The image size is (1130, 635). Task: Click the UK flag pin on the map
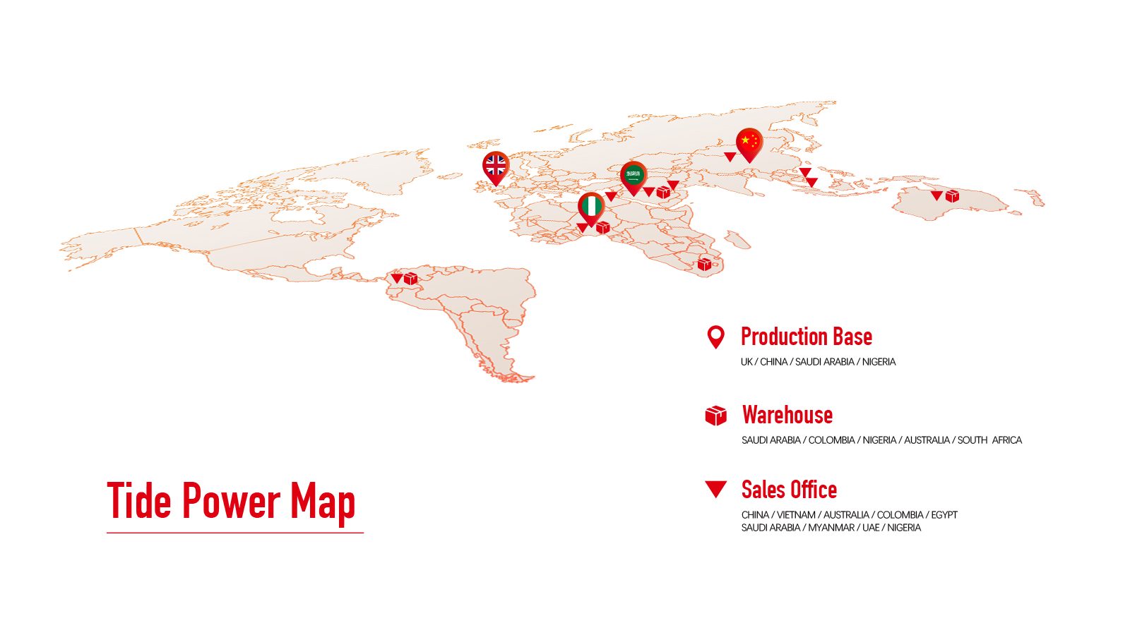(x=496, y=167)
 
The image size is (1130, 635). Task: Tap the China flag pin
(x=749, y=142)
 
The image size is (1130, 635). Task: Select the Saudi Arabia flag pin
(x=634, y=176)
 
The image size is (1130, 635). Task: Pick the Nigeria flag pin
(x=591, y=207)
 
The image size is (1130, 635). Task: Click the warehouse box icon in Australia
(x=952, y=195)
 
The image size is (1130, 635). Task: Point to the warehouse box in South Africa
(x=704, y=264)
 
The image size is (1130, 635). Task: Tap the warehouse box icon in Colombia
(x=410, y=279)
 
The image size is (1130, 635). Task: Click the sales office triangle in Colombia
(x=397, y=278)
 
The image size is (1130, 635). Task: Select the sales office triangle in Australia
(x=936, y=195)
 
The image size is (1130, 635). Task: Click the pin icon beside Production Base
(x=715, y=337)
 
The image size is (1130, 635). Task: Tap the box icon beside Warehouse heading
(x=715, y=416)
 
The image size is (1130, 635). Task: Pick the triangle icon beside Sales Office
(x=715, y=489)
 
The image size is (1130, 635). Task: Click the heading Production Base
(x=806, y=337)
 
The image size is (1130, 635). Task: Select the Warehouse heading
(x=787, y=415)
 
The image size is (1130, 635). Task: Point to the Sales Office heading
(x=789, y=490)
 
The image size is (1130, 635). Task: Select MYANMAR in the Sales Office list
(x=831, y=528)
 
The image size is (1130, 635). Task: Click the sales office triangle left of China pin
(x=730, y=157)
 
